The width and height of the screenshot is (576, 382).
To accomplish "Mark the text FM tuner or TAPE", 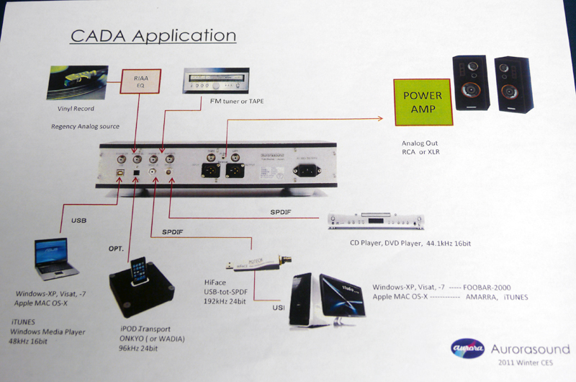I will click(x=240, y=102).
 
